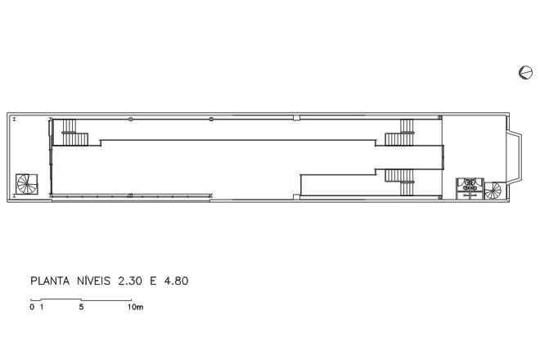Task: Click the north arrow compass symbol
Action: tap(525, 73)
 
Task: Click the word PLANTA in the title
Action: tap(50, 281)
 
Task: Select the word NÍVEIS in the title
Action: tap(93, 281)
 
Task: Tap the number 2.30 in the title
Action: tap(130, 281)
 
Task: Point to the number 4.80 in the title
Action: tap(177, 281)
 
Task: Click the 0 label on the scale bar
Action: tap(32, 307)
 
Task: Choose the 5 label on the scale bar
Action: tap(81, 307)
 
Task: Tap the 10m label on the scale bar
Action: tap(135, 307)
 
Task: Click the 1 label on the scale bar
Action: tap(42, 307)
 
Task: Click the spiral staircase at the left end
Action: tap(27, 184)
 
